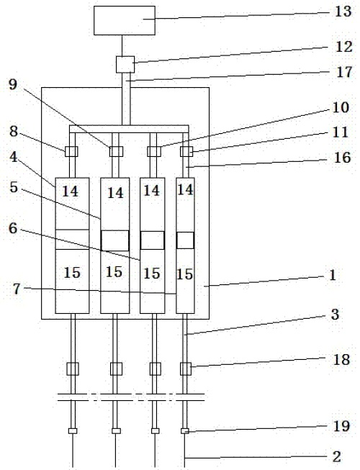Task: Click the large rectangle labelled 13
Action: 125,20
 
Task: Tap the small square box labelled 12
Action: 125,65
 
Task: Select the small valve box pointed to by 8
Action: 71,151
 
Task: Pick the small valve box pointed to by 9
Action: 116,151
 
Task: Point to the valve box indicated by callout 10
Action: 154,151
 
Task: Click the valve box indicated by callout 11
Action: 186,151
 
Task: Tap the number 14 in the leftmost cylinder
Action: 70,191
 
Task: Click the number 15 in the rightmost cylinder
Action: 184,274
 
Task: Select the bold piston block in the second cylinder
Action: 115,240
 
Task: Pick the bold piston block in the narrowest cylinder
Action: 185,240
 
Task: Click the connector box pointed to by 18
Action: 186,369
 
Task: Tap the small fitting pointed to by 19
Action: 185,431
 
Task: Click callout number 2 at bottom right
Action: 337,456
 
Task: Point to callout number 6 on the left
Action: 13,228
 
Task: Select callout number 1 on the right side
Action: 333,275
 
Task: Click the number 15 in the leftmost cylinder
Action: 72,273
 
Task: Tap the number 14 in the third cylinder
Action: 152,191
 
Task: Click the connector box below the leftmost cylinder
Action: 73,369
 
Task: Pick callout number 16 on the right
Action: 342,158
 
